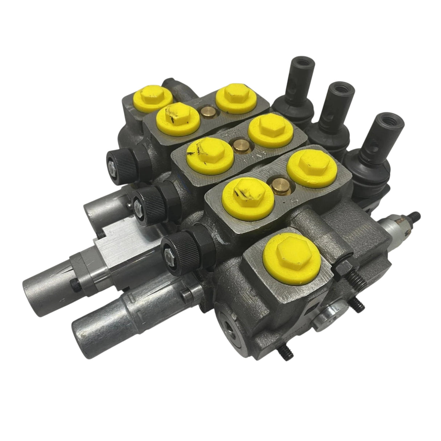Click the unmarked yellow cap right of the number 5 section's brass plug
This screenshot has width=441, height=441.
coord(309,167)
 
